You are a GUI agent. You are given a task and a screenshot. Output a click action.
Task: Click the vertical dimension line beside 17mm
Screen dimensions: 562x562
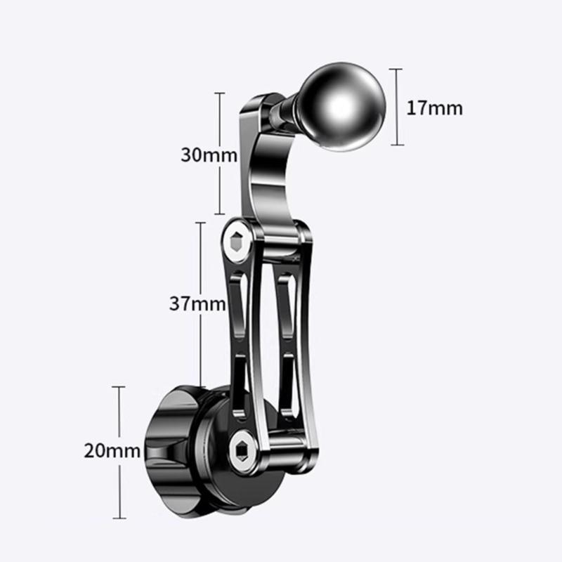[x=398, y=107]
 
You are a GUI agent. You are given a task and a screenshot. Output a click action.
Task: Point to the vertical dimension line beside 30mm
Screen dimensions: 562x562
[x=221, y=153]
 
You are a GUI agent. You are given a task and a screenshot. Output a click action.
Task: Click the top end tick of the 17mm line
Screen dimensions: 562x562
[x=398, y=69]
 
